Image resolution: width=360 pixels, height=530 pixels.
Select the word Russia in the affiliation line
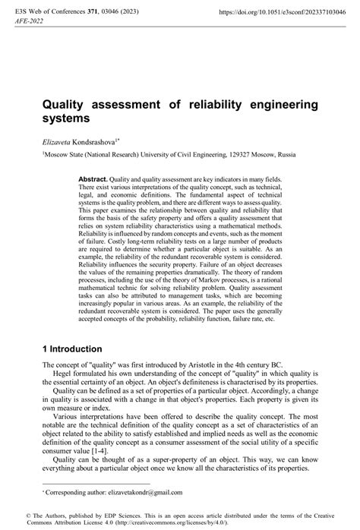(284, 155)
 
